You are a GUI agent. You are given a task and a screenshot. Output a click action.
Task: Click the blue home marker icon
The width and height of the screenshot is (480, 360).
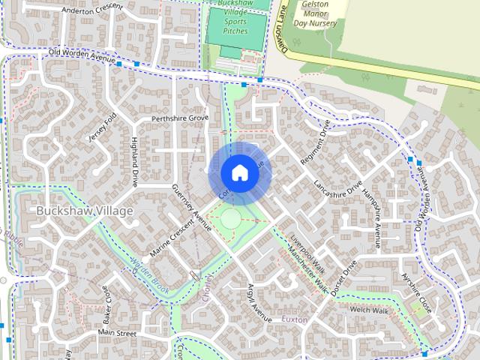(x=239, y=172)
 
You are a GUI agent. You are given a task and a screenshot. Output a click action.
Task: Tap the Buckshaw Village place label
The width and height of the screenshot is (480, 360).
(x=85, y=211)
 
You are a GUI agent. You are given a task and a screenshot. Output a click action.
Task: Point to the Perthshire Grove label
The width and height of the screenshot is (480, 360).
(x=180, y=118)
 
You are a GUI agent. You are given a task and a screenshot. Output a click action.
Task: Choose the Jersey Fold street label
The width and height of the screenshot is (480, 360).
(x=103, y=127)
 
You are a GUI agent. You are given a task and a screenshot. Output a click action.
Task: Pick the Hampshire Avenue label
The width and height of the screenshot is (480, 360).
(x=373, y=214)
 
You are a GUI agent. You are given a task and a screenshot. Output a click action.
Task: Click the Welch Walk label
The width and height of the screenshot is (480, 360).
(x=368, y=310)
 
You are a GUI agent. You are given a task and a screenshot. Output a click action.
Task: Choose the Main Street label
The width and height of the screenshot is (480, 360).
(x=116, y=332)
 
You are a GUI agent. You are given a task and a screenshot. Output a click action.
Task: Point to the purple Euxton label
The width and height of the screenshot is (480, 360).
(x=295, y=319)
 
